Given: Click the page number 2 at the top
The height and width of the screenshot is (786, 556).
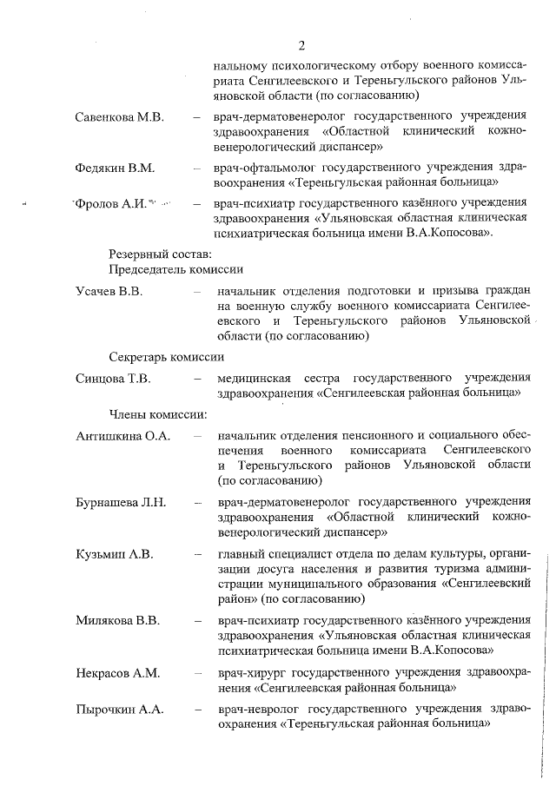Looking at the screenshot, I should pos(301,46).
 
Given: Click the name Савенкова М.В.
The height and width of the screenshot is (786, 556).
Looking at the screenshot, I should pos(119,118).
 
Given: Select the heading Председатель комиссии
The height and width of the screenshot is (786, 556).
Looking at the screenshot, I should pos(175,270).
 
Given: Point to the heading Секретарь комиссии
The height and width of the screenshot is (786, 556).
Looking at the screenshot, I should pos(167,357).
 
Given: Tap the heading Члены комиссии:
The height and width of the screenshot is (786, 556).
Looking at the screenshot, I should pos(157,413).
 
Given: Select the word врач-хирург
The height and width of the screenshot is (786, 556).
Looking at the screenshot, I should pos(252,672).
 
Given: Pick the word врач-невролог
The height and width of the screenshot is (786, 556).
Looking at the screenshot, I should pos(259,710).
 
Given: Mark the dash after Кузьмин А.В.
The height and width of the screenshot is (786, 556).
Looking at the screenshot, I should pos(199,553).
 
